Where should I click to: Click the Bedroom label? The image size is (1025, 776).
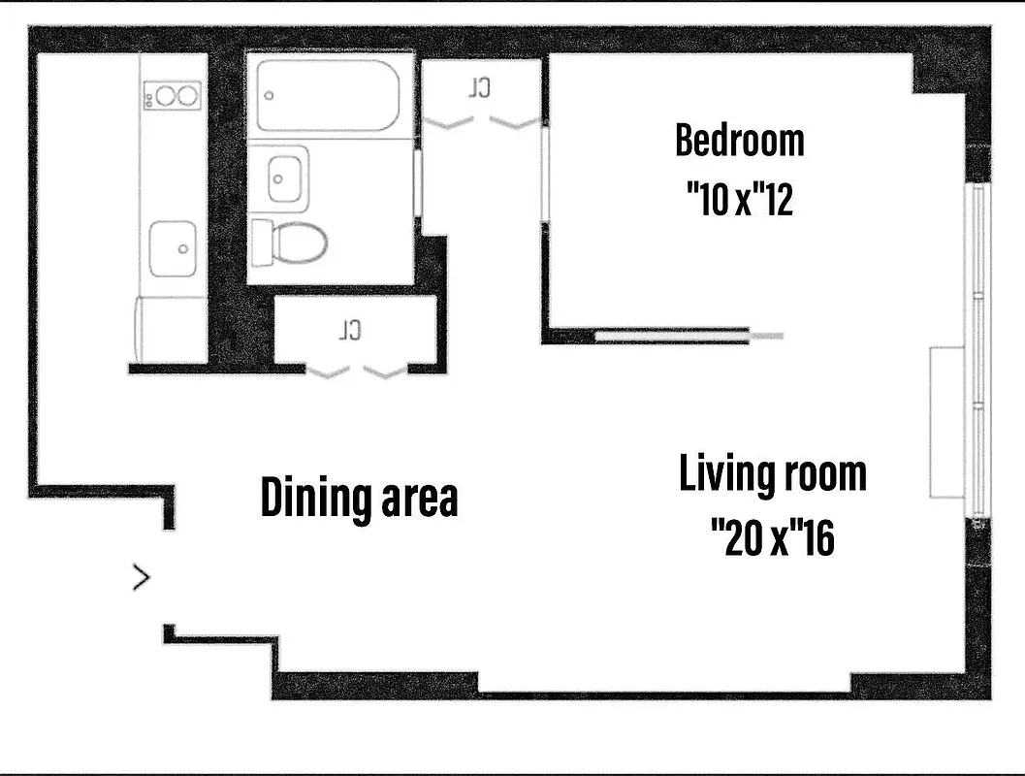pyautogui.click(x=739, y=141)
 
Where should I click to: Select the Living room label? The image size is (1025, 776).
pyautogui.click(x=772, y=475)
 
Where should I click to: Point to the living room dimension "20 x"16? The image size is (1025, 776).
pyautogui.click(x=772, y=536)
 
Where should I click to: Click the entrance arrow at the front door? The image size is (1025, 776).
pyautogui.click(x=142, y=579)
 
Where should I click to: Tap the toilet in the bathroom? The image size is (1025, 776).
pyautogui.click(x=290, y=242)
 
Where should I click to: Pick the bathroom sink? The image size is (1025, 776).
pyautogui.click(x=282, y=178)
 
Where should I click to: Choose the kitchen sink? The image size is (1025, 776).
pyautogui.click(x=174, y=248)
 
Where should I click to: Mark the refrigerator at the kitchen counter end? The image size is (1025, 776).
pyautogui.click(x=171, y=331)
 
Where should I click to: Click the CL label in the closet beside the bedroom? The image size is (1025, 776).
pyautogui.click(x=479, y=88)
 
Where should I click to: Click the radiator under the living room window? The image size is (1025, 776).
pyautogui.click(x=945, y=423)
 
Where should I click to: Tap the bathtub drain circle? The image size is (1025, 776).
pyautogui.click(x=270, y=96)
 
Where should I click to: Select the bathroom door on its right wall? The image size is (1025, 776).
pyautogui.click(x=418, y=184)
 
